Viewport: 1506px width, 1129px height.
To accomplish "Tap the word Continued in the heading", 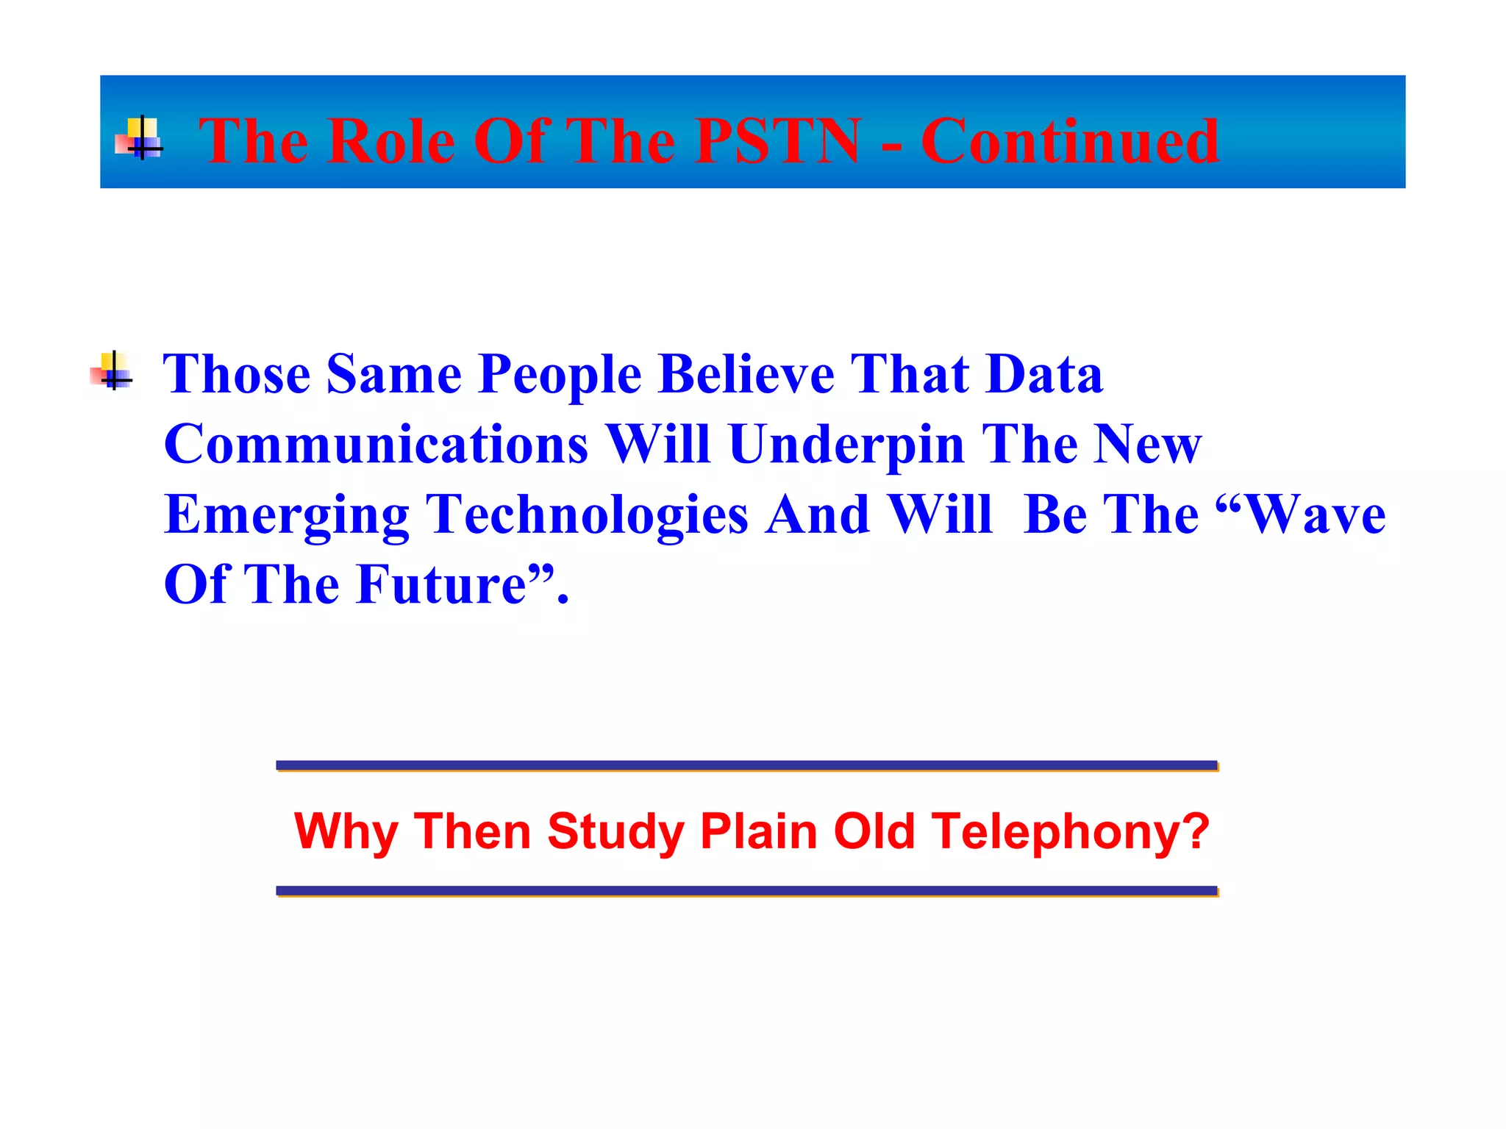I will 1070,141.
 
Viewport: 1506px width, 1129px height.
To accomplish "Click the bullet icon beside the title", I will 139,138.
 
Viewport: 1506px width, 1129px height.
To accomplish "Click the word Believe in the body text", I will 746,374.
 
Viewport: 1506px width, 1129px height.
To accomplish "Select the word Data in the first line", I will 1044,374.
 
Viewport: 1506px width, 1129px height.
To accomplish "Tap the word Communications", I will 376,445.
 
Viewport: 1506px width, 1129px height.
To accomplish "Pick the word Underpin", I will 846,445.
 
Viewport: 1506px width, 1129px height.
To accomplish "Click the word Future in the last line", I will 441,585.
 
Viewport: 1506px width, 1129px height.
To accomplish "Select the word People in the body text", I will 560,376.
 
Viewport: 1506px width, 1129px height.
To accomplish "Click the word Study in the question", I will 615,832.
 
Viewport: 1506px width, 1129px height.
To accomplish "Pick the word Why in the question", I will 346,832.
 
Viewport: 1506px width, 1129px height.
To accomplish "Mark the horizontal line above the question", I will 746,765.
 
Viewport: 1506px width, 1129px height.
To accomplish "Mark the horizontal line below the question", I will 746,891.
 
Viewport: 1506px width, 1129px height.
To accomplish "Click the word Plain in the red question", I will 758,831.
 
